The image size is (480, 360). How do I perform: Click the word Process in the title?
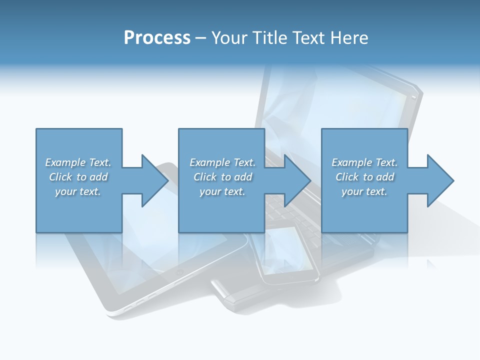point(157,38)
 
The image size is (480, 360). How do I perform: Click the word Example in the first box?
point(65,162)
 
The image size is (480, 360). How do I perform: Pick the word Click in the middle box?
point(204,177)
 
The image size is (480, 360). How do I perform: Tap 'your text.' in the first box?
point(78,191)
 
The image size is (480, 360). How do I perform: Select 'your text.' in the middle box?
point(222,191)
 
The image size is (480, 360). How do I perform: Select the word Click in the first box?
point(60,177)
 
